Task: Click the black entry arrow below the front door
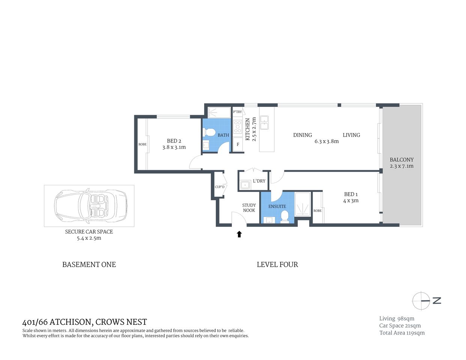[239, 234]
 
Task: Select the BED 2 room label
[174, 141]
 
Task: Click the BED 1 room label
[351, 194]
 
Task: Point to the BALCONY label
[401, 160]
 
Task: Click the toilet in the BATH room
[209, 133]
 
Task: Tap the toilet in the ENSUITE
[285, 216]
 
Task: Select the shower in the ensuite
[302, 204]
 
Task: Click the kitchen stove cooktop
[238, 127]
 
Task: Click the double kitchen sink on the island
[265, 123]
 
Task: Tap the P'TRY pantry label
[238, 112]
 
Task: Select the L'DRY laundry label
[259, 181]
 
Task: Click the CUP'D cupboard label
[219, 187]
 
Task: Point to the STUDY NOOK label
[249, 208]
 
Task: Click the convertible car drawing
[90, 206]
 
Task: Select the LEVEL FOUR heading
[277, 265]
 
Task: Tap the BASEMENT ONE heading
[89, 265]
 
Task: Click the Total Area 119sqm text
[402, 333]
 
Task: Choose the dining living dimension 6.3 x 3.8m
[326, 141]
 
